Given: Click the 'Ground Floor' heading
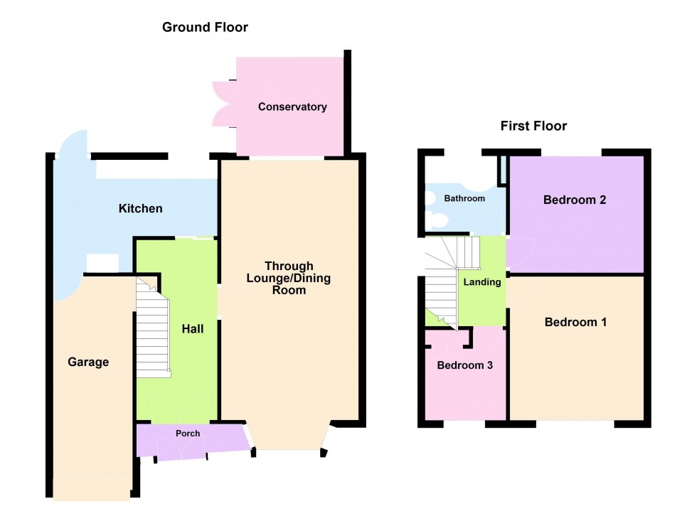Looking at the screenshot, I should point(205,28).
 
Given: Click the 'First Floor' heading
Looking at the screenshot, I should point(533,126).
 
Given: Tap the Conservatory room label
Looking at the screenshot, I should point(292,107).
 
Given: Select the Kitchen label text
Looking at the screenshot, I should point(140,208).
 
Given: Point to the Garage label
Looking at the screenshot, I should point(88,362).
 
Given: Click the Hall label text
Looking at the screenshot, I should point(192,329).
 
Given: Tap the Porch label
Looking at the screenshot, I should point(188,434).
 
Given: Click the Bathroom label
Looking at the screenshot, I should point(464,198).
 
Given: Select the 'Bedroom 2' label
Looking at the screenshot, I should point(575,200).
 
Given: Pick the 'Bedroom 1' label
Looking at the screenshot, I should point(575,322).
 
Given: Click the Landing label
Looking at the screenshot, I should point(482,282).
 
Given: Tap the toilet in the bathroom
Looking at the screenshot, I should point(431,220).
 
